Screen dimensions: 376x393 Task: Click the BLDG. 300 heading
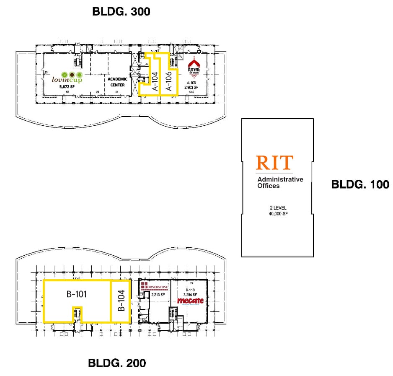121,12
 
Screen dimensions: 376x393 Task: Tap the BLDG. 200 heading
117,363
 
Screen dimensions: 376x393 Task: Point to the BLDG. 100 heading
360,184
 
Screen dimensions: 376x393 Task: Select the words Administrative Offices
280,182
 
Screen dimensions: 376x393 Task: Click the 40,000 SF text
278,214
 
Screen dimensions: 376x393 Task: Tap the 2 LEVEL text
278,208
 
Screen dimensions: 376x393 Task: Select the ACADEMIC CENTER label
117,82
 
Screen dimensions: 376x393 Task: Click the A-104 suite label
155,81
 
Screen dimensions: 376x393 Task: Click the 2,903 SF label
193,87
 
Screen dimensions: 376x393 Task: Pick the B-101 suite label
77,294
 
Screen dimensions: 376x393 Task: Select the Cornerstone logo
155,286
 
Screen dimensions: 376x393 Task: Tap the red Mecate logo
190,301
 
